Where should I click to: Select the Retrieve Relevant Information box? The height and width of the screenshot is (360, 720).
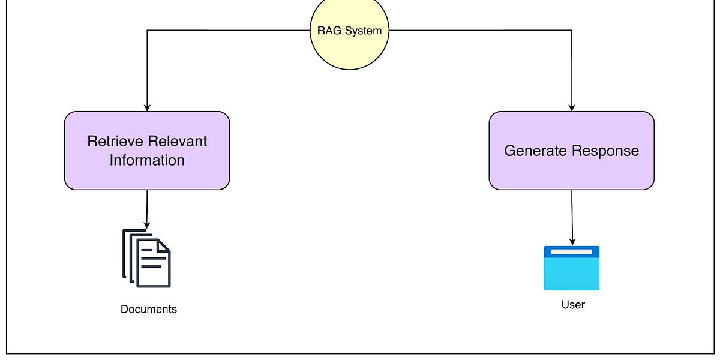147,151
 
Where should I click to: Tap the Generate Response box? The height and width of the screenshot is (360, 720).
571,151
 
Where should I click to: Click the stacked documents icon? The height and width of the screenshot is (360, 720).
146,258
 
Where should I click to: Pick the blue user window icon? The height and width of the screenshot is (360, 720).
571,268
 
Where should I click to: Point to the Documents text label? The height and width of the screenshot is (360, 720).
149,310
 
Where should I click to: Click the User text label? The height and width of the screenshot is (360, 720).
572,305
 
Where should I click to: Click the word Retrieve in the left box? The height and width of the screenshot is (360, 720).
114,142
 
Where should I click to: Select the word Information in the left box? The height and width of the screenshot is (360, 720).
147,161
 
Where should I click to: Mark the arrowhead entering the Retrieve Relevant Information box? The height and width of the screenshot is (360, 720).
147,107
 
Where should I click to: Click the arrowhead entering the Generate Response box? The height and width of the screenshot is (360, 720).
571,107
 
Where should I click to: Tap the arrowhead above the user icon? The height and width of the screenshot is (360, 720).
572,241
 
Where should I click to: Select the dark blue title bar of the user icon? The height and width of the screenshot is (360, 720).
571,251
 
